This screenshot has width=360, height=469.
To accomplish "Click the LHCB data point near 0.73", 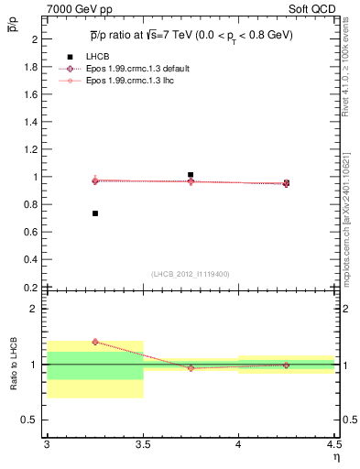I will [x=94, y=213].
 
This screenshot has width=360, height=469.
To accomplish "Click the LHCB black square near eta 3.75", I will [x=191, y=174].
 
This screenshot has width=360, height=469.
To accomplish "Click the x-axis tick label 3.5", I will [x=143, y=444].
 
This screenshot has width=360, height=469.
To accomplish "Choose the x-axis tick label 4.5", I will [x=333, y=444].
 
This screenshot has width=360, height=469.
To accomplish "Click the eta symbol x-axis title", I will [x=336, y=456].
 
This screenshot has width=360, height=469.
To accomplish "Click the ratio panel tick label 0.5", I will [x=31, y=420].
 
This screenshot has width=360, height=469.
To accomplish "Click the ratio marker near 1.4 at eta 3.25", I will [x=94, y=342].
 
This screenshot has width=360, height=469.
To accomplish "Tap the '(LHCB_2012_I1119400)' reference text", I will [x=191, y=273].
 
